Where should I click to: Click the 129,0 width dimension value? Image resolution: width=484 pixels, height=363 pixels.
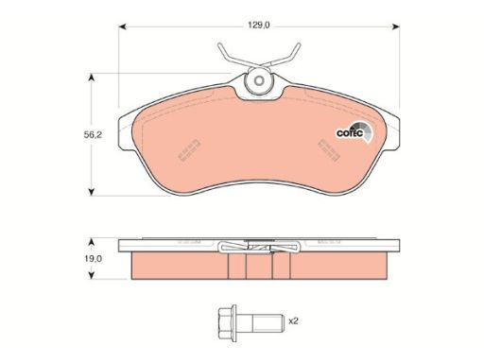coord(259,26)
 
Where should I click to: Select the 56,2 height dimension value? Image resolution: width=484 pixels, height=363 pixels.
coord(93,135)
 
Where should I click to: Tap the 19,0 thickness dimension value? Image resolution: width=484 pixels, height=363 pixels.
coord(93,259)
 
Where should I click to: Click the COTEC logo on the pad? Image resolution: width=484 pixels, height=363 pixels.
coord(354,132)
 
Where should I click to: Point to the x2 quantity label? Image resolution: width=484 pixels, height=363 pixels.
coord(293,321)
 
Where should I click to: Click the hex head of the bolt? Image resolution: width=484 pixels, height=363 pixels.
coord(227,323)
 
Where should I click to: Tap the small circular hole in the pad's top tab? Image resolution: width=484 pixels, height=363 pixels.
coord(259,81)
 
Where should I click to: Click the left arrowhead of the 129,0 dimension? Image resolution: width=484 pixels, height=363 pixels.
coord(122,26)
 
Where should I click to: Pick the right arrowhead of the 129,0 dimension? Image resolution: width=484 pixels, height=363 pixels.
coord(396,26)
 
